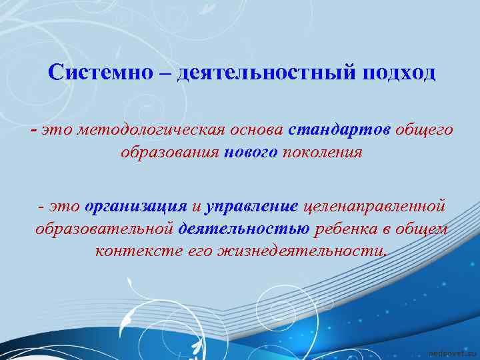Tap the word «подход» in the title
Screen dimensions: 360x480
pyautogui.click(x=399, y=72)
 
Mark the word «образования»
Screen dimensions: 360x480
pyautogui.click(x=170, y=153)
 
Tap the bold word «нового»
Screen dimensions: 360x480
pyautogui.click(x=251, y=153)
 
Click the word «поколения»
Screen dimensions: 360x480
pyautogui.click(x=323, y=153)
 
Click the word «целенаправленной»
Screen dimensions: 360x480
pyautogui.click(x=374, y=207)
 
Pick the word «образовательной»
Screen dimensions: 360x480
pyautogui.click(x=104, y=229)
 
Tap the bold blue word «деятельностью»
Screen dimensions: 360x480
pyautogui.click(x=244, y=229)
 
